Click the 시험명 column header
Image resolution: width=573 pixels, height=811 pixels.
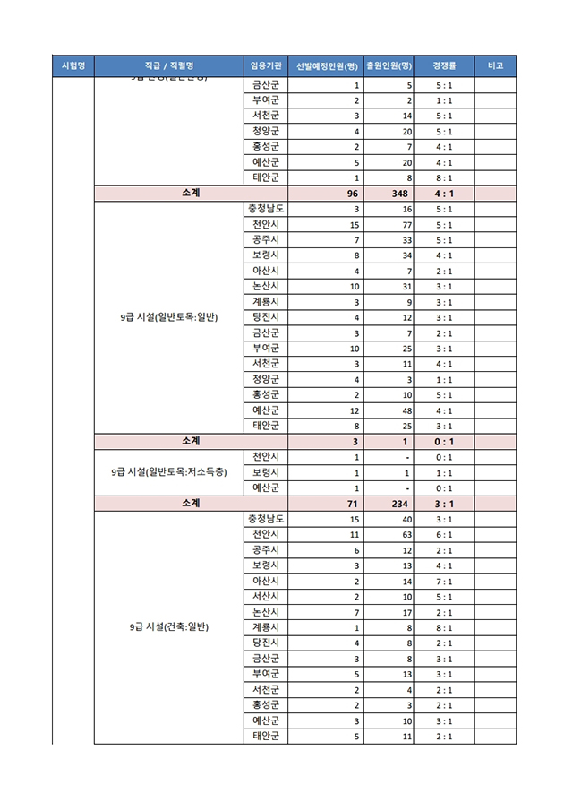73,66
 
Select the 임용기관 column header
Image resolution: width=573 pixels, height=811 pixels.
266,66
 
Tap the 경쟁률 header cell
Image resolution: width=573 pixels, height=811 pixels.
444,66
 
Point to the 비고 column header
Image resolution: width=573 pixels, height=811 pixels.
495,66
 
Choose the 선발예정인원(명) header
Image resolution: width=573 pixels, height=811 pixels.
327,66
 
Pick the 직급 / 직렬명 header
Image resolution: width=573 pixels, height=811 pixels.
168,66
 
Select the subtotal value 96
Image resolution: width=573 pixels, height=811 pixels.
353,194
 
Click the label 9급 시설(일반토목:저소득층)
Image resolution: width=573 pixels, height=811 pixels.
168,472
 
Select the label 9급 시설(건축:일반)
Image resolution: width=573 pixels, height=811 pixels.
168,627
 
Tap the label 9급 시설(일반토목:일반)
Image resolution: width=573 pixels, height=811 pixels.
168,317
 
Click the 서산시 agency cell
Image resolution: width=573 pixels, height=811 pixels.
266,597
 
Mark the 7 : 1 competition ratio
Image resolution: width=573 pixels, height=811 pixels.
444,582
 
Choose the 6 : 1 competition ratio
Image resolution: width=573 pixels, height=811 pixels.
444,535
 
